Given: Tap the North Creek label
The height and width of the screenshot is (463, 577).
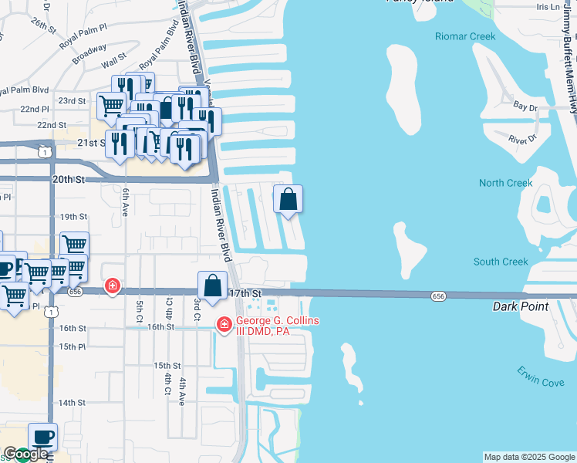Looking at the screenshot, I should tap(506, 183).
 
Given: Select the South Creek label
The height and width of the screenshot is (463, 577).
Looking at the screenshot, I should tap(501, 262).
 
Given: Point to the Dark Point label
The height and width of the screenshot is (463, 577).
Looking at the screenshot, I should tap(521, 306).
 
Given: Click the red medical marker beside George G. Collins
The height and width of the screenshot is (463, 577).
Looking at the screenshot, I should tap(224, 325).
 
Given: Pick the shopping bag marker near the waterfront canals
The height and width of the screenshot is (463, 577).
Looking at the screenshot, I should tap(288, 200).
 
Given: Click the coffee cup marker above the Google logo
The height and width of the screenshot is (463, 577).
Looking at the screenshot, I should tap(42, 438).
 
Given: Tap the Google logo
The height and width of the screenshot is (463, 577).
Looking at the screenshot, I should tap(25, 455).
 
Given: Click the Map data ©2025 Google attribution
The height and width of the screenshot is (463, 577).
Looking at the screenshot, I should tap(528, 457).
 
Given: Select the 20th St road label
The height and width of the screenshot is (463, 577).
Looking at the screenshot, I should tap(67, 179).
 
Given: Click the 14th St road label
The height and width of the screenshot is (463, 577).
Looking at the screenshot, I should tap(71, 403).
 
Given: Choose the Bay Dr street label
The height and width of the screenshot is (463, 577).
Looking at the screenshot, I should tap(525, 106).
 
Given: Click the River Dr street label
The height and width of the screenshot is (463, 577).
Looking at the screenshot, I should tap(522, 139).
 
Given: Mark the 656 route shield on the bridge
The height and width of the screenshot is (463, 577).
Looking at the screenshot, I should tap(438, 296).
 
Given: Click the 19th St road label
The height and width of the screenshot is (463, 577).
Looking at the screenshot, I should tap(74, 217).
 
